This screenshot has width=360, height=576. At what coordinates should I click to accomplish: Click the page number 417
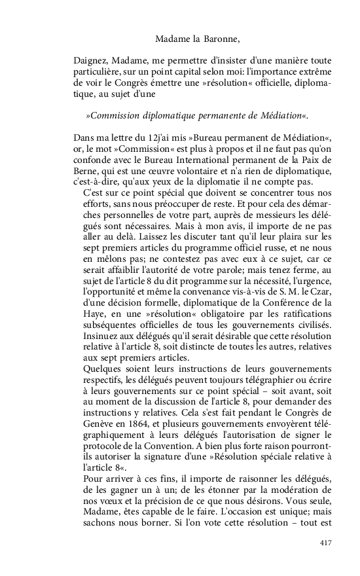(x=326, y=543)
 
